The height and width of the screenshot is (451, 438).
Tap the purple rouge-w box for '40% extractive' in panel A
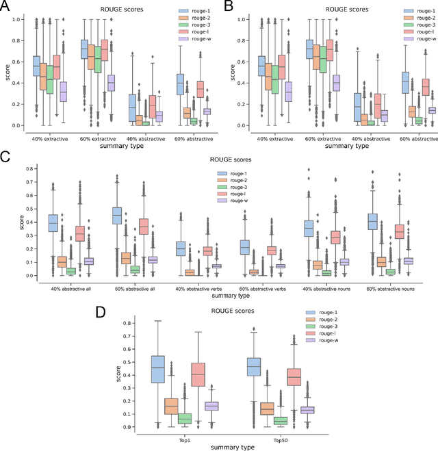[x=63, y=91]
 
